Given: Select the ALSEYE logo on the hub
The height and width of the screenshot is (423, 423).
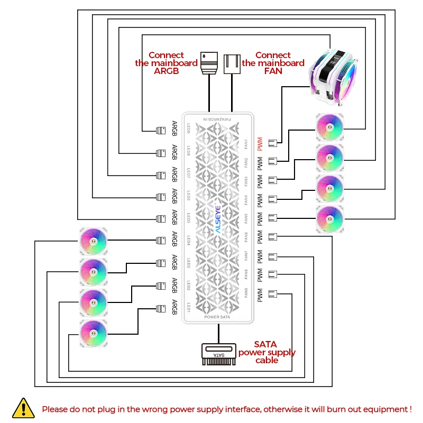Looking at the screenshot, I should click(218, 219).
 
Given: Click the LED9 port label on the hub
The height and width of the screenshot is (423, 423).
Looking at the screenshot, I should click(189, 128).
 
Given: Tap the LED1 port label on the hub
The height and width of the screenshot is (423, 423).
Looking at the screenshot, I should click(189, 307).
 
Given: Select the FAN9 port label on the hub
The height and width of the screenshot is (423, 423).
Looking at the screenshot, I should click(246, 291).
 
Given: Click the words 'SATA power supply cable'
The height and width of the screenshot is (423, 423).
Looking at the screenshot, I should click(266, 352).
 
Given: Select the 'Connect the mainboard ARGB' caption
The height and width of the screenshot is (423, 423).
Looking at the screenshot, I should click(166, 63).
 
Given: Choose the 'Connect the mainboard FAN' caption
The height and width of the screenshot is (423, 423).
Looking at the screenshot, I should click(273, 63).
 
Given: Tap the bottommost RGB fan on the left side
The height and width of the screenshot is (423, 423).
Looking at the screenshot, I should click(94, 334).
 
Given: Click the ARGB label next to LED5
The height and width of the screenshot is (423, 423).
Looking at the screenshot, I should click(175, 217).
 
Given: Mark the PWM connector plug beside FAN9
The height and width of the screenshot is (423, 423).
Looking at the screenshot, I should click(273, 294).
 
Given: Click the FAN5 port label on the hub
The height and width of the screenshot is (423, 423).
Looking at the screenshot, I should click(246, 217).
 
